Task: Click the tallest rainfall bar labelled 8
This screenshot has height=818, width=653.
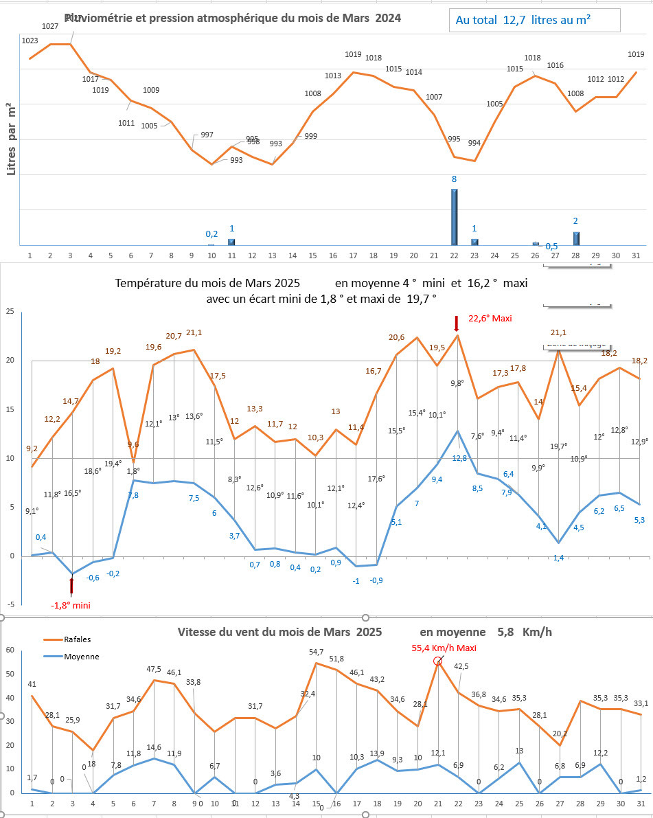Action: pyautogui.click(x=454, y=216)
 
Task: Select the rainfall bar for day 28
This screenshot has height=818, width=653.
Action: pyautogui.click(x=576, y=238)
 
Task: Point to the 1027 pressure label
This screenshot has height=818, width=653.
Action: pyautogui.click(x=50, y=26)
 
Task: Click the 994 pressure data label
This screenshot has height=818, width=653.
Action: pyautogui.click(x=474, y=143)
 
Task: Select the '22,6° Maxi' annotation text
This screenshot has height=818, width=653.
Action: pyautogui.click(x=490, y=318)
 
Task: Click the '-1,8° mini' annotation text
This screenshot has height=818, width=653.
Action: pyautogui.click(x=71, y=605)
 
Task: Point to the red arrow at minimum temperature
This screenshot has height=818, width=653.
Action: pyautogui.click(x=71, y=585)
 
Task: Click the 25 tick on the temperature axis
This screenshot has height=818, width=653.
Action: pyautogui.click(x=10, y=312)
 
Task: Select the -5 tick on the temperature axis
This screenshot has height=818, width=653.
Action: pyautogui.click(x=10, y=605)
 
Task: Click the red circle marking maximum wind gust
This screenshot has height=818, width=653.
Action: pyautogui.click(x=437, y=661)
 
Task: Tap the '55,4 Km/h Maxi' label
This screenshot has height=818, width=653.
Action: pyautogui.click(x=444, y=647)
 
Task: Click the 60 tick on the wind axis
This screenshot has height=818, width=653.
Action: pyautogui.click(x=10, y=650)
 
